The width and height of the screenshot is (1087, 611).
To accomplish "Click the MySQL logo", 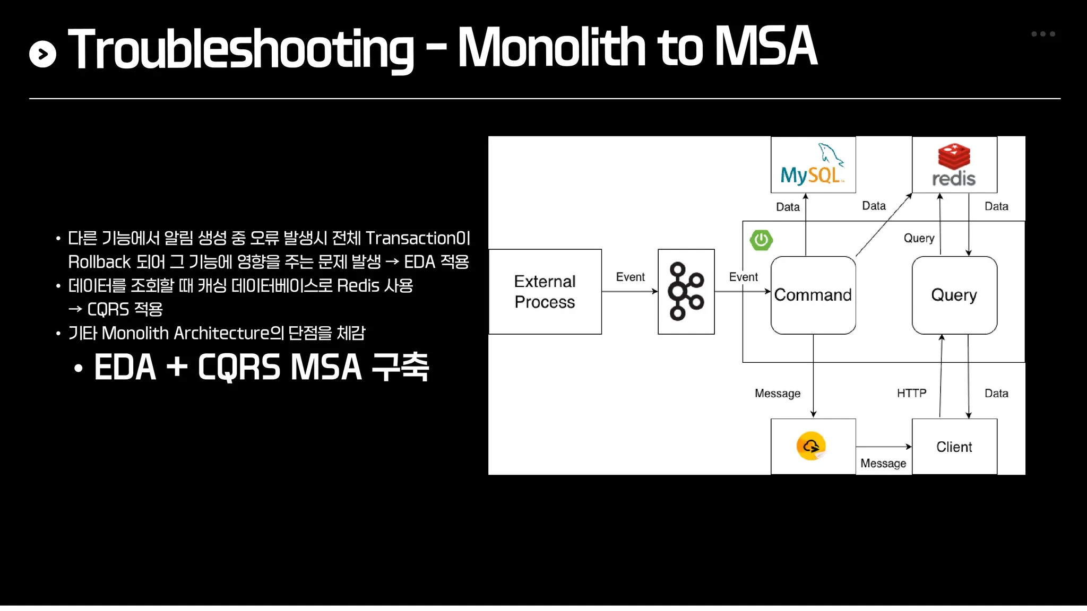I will coord(812,165).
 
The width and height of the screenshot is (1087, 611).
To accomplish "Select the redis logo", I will coord(954,165).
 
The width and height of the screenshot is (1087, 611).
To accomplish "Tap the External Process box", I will coord(545,292).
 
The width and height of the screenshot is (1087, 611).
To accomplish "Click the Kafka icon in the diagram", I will coord(686,291).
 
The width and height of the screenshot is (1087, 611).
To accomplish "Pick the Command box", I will coord(813,295).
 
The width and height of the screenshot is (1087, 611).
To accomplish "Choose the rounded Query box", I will coord(954,295).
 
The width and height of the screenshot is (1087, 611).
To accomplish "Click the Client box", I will coord(954,447).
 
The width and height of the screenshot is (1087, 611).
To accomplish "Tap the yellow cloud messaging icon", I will coord(811,446).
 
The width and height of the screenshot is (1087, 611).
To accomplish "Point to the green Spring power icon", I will coord(761,240).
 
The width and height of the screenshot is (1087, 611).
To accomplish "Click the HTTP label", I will coord(911,393).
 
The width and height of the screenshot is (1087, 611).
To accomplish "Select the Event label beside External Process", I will coord(630,277).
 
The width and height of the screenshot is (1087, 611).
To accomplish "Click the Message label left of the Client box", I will coord(883,463).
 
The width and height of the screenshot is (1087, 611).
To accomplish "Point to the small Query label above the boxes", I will coord(919,238).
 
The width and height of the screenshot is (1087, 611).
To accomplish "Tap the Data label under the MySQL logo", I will coord(788,207).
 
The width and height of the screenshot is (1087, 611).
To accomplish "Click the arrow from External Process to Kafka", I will coord(629,291).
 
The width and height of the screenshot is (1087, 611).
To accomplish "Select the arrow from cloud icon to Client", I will coord(883,447).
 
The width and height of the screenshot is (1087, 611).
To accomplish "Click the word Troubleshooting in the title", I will coord(241,49).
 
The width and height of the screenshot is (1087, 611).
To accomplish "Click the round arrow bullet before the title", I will coord(43,54).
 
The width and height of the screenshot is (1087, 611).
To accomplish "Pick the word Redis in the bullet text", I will coord(358,286).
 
